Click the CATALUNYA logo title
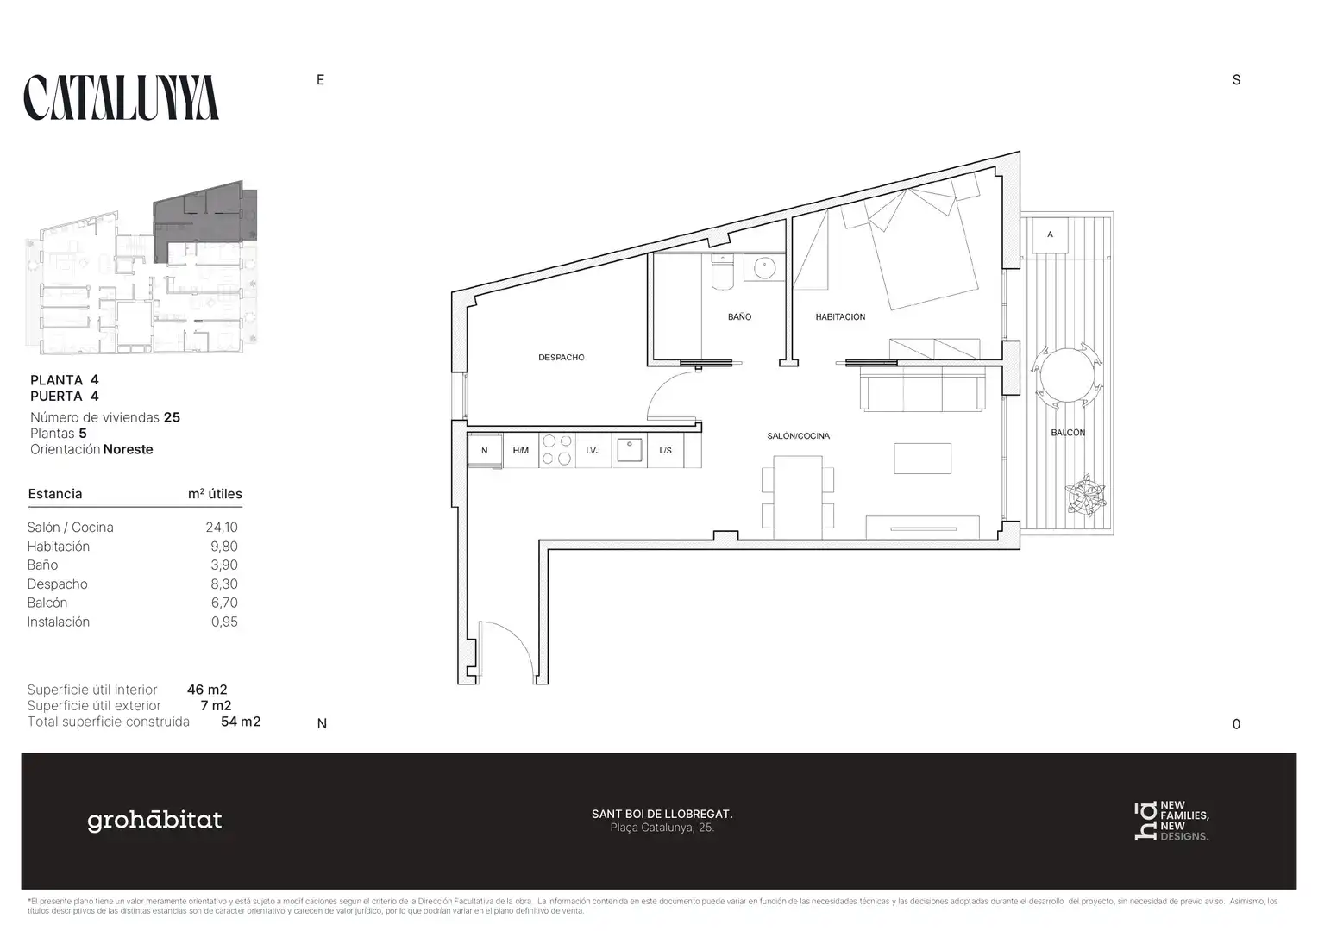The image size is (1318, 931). pos(122,97)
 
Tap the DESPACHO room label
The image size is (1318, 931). pos(562,358)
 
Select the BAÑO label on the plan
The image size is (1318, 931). pos(739,316)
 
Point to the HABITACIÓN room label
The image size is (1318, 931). pos(840,317)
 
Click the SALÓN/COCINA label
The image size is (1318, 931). pos(799,436)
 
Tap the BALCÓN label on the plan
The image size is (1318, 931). pos(1068,432)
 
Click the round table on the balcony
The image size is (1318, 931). pos(1067,375)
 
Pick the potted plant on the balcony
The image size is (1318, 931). pos(1086,496)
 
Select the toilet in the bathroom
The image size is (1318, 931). pos(722,272)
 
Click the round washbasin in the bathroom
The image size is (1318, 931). pos(764,267)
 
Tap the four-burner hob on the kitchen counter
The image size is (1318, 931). pos(556,450)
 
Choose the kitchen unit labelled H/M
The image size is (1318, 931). pos(521,451)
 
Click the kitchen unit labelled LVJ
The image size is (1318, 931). pos(593,451)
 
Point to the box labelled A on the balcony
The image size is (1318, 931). pos(1051,234)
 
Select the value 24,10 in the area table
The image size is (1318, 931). pos(222,528)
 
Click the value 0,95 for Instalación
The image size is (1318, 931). pos(225,622)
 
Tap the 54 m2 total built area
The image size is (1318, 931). pos(241,722)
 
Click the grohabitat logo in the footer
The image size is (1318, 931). pos(154,821)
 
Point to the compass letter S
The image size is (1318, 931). pos(1236,80)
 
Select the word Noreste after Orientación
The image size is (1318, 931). pos(129,449)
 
